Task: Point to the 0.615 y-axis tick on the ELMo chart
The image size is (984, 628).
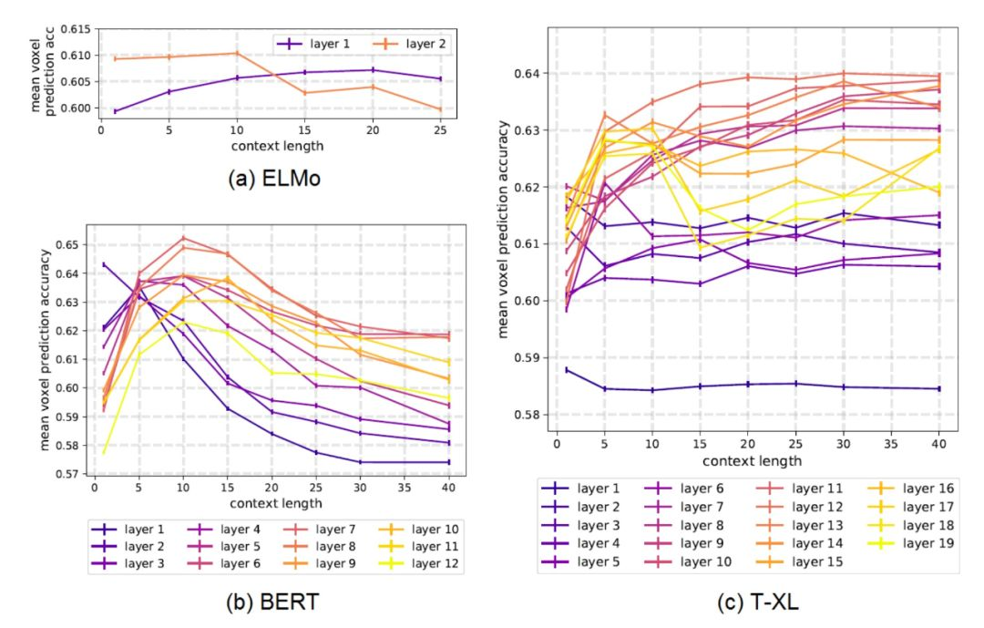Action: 78,30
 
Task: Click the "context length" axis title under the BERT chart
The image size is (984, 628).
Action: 281,503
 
